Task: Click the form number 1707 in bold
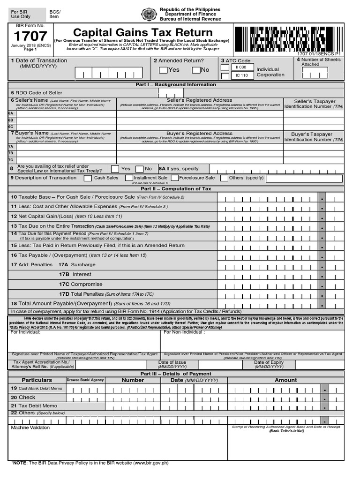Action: [30, 36]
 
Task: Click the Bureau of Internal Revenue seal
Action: [149, 15]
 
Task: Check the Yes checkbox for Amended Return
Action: [163, 70]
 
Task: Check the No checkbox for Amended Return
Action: [196, 70]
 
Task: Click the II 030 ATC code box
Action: [241, 67]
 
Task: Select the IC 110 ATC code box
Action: [241, 75]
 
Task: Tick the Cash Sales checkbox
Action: [88, 178]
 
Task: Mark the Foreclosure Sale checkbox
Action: [175, 178]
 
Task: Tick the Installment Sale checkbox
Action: [129, 178]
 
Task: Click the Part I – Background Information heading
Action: [176, 85]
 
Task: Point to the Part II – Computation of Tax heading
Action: [176, 189]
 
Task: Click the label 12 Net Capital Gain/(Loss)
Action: [66, 216]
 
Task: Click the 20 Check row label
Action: [23, 397]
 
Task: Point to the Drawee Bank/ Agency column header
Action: [85, 380]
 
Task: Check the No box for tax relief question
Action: [139, 169]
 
